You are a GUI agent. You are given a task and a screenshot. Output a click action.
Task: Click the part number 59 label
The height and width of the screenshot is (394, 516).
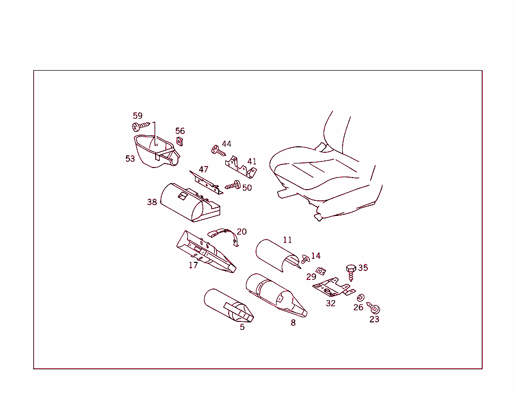pyautogui.click(x=138, y=116)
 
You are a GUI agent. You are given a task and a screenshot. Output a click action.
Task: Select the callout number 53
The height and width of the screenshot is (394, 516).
pyautogui.click(x=130, y=158)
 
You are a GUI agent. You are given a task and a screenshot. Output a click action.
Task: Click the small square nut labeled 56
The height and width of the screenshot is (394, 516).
pyautogui.click(x=179, y=141)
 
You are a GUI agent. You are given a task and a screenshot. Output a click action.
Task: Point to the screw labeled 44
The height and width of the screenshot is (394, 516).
pyautogui.click(x=218, y=150)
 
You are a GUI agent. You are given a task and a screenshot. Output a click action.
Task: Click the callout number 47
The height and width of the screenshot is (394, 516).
pyautogui.click(x=204, y=170)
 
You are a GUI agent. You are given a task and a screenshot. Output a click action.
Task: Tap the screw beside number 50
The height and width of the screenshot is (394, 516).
pyautogui.click(x=233, y=186)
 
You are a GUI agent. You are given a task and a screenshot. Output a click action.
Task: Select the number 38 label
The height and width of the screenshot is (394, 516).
pyautogui.click(x=152, y=202)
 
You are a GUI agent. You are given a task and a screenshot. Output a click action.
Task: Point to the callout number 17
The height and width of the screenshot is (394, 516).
pyautogui.click(x=193, y=265)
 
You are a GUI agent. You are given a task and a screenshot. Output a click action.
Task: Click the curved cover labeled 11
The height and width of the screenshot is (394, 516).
pyautogui.click(x=277, y=252)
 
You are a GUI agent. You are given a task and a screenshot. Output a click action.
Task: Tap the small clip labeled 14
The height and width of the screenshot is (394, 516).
pyautogui.click(x=305, y=259)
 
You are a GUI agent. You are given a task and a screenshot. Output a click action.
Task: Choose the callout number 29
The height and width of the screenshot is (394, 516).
pyautogui.click(x=311, y=276)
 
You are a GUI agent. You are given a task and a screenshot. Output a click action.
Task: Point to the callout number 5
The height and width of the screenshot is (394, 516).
pyautogui.click(x=242, y=327)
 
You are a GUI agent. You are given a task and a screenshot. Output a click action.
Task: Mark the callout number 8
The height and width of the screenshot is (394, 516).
pyautogui.click(x=293, y=323)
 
